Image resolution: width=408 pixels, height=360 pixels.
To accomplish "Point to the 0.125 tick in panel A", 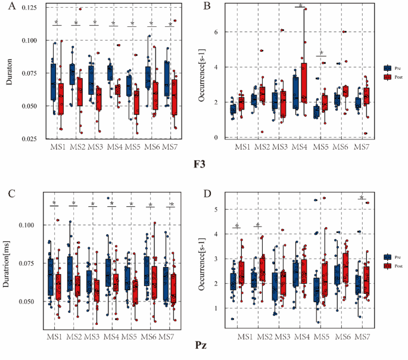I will point(24,7).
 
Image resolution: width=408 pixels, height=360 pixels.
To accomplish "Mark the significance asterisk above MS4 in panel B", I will point(300,6).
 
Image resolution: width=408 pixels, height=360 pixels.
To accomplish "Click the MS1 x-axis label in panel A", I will point(58,147).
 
